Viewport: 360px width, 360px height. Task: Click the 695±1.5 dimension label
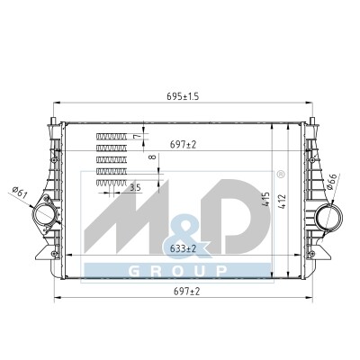point(183,96)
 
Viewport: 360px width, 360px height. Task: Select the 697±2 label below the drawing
point(186,291)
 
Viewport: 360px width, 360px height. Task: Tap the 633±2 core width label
point(183,248)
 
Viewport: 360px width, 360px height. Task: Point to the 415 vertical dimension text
point(266,199)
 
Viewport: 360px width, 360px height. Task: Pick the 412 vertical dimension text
point(283,202)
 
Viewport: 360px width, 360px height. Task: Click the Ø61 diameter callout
point(20,193)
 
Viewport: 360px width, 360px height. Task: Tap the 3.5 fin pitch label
point(135,188)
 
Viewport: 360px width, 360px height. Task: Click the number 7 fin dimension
point(137,137)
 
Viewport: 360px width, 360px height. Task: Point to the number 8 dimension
point(153,157)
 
